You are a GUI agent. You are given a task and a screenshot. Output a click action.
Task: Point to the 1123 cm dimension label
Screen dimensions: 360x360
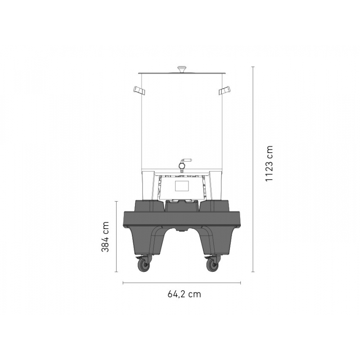click(x=269, y=163)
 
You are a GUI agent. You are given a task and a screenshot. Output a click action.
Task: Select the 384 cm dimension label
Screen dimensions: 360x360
click(x=105, y=237)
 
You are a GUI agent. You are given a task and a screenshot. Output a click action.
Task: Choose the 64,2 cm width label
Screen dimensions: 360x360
click(x=184, y=294)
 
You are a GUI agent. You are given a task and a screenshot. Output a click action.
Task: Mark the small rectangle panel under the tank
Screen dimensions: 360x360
click(x=182, y=185)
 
